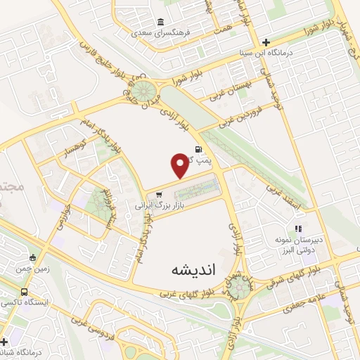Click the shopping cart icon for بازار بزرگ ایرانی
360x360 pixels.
(x=148, y=195)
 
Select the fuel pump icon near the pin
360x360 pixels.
(x=199, y=149)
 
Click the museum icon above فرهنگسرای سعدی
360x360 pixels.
(x=161, y=21)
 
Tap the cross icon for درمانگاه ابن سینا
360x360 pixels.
(x=265, y=41)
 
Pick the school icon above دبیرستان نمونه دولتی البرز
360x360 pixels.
(x=298, y=229)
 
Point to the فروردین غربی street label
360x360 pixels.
(x=240, y=114)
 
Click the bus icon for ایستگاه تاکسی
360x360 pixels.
(x=25, y=292)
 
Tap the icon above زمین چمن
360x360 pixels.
(x=32, y=258)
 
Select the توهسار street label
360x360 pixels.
(x=70, y=152)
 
